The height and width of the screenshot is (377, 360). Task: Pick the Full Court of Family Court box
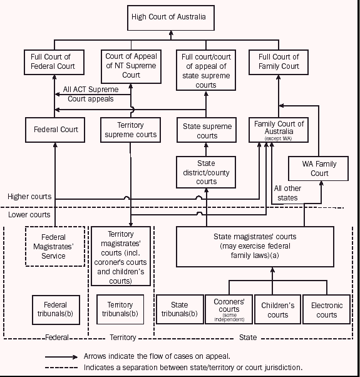[x=279, y=62]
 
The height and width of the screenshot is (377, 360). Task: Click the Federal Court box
[x=56, y=130]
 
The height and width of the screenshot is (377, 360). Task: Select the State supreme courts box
[x=206, y=130]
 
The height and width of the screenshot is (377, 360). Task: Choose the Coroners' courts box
[x=229, y=309]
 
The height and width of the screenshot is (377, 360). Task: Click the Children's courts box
[x=278, y=309]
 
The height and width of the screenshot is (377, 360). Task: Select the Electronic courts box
[x=326, y=309]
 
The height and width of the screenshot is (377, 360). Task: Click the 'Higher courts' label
[x=29, y=196]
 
